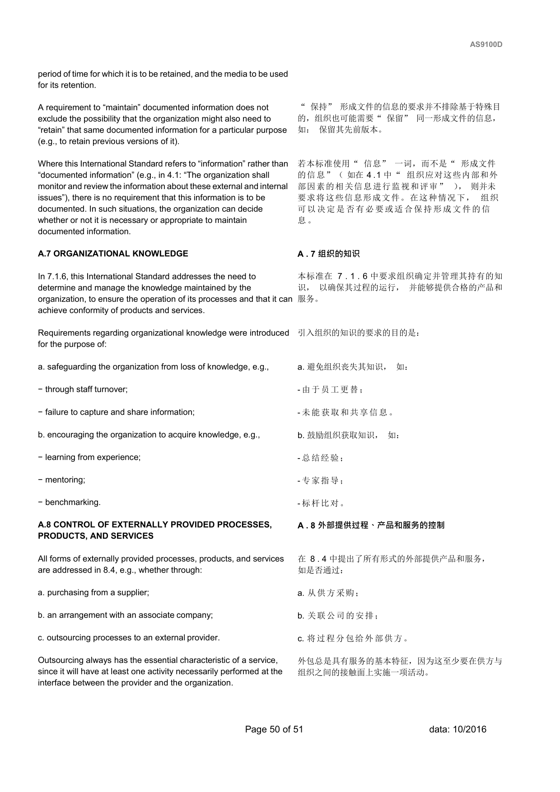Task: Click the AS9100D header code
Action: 486,44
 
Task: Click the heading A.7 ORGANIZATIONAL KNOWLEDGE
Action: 113,254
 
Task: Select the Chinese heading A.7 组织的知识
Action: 328,254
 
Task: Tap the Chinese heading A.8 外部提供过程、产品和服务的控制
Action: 371,525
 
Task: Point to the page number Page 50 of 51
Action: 274,729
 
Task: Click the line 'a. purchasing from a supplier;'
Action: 93,593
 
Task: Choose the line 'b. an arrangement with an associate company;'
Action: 125,615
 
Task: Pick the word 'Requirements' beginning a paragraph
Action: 61,333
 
